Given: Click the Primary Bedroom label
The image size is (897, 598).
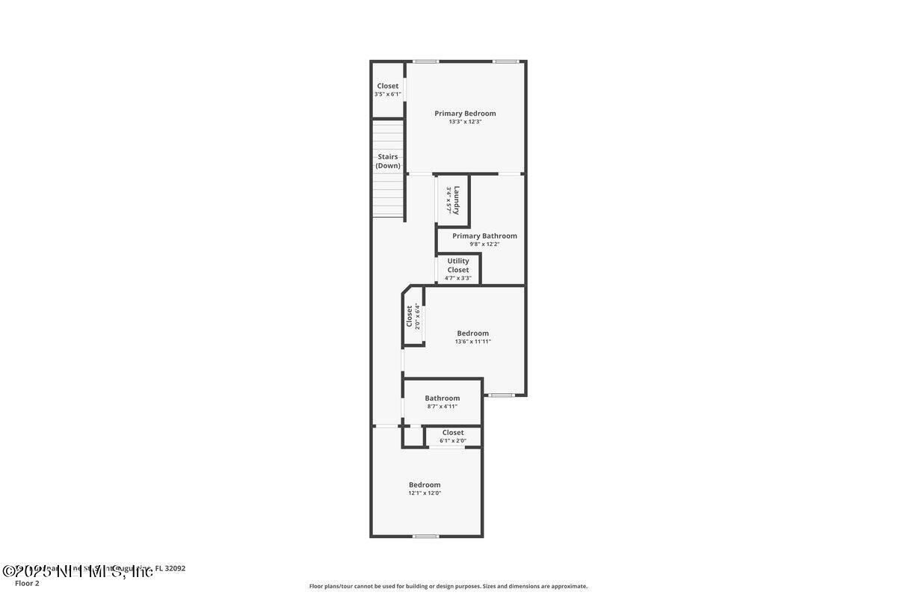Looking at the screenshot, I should coord(465,114).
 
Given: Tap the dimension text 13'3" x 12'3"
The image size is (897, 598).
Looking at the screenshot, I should coord(465,122).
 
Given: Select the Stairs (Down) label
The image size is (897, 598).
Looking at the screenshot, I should coord(388,161).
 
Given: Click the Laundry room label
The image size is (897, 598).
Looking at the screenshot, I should coord(456,200).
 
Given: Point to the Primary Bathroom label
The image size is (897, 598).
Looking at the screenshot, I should coord(484,235).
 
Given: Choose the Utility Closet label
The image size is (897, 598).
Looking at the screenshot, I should coord(458,265).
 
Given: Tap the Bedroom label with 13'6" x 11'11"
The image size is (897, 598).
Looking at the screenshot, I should coord(472,333).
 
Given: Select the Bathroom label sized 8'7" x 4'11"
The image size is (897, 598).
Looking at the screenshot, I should coord(443,398).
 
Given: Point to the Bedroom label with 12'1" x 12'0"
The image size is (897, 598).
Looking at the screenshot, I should coord(425,485).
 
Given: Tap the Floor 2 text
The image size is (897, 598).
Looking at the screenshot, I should coord(27,583).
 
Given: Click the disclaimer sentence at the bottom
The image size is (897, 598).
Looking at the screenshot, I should coord(449,586).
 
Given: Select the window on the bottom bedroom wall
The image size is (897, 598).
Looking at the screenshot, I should coord(426,536).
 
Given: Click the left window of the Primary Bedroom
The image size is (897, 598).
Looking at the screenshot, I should coord(426,61).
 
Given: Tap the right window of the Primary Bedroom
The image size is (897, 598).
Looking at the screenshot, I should coord(505,61).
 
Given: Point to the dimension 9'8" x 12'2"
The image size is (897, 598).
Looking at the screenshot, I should coord(484,244).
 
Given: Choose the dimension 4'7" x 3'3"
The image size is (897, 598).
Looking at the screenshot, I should coord(458,278).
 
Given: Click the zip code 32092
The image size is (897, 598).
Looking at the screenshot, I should coord(175,568).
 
